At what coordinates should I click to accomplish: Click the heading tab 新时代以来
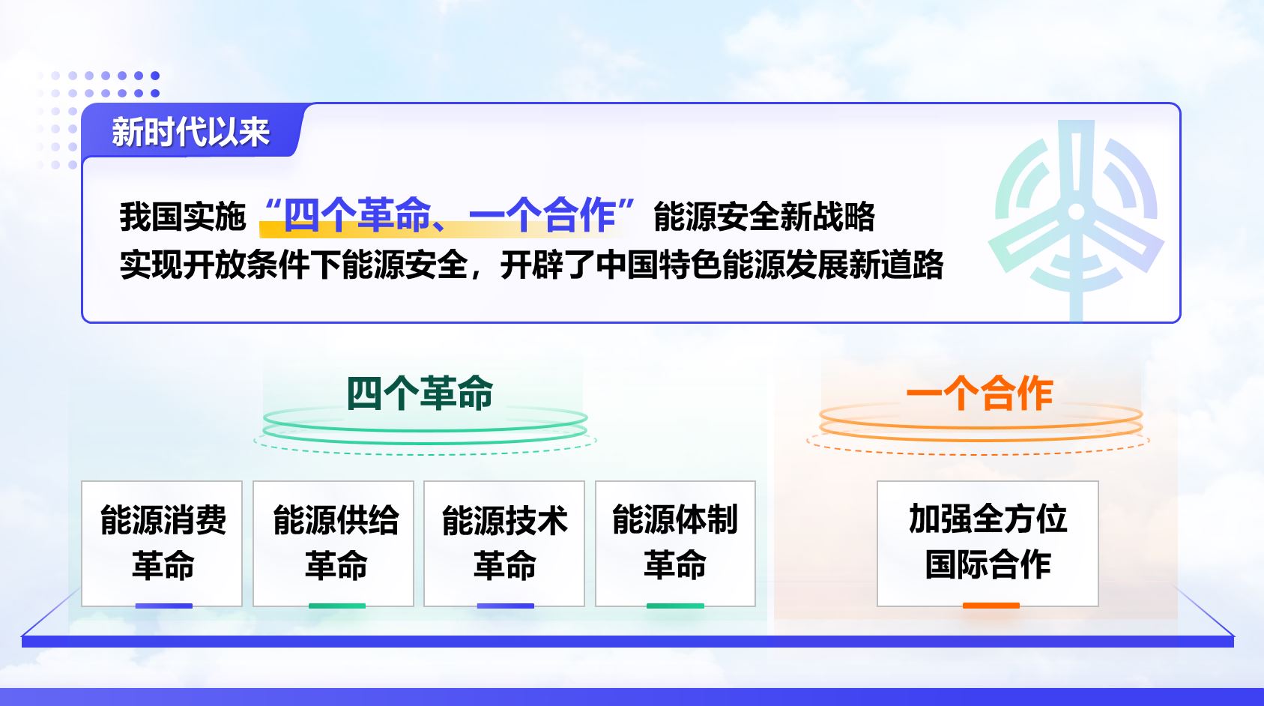tap(191, 132)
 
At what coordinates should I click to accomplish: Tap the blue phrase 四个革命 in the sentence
tap(357, 216)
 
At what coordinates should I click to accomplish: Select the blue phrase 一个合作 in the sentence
tap(542, 216)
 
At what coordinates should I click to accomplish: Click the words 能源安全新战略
tap(764, 216)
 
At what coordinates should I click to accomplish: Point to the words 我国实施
tap(182, 216)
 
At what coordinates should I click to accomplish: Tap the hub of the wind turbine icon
tap(1076, 211)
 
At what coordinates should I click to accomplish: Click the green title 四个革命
tap(420, 393)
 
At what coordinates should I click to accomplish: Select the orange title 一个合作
tap(979, 393)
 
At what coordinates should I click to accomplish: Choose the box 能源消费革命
tap(162, 543)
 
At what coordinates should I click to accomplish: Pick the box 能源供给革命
tap(333, 543)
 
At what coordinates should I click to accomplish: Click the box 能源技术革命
tap(504, 543)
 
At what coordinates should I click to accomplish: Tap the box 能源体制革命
tap(675, 543)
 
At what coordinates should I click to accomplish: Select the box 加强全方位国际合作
tap(988, 543)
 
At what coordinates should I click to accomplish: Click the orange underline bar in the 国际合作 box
tap(991, 606)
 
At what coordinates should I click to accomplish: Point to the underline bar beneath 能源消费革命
tap(163, 606)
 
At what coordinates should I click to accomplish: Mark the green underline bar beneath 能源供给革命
tap(337, 606)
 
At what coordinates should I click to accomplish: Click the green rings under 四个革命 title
tap(426, 431)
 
